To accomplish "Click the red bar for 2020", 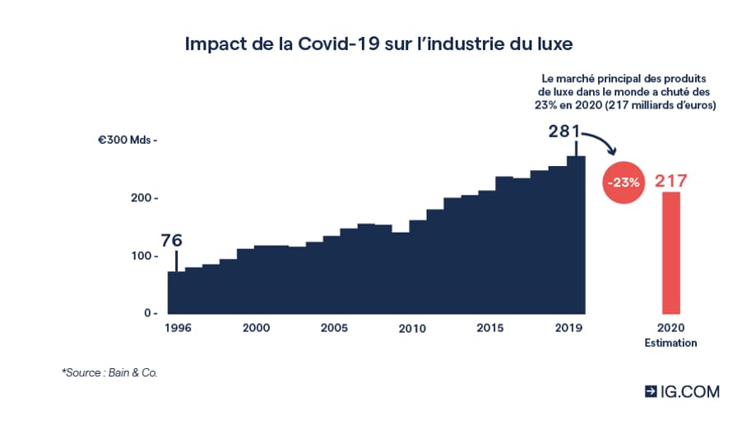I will coord(670,252).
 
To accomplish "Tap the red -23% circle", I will coord(623,182).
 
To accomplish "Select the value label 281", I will coord(565,131).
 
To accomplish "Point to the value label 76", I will coord(170,240).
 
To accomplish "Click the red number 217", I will coord(670,181).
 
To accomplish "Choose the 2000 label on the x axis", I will coord(257,327).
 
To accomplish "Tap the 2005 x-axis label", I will coord(334,327).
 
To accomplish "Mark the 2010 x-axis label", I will coord(412,328).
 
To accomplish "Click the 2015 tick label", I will coord(490,327).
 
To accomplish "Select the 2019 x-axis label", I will coord(567,327).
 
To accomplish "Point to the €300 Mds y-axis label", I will coord(126,141).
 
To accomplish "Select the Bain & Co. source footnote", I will coord(109,373).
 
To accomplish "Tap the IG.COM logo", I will coord(682,391).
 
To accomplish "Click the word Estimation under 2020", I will coord(670,342).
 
